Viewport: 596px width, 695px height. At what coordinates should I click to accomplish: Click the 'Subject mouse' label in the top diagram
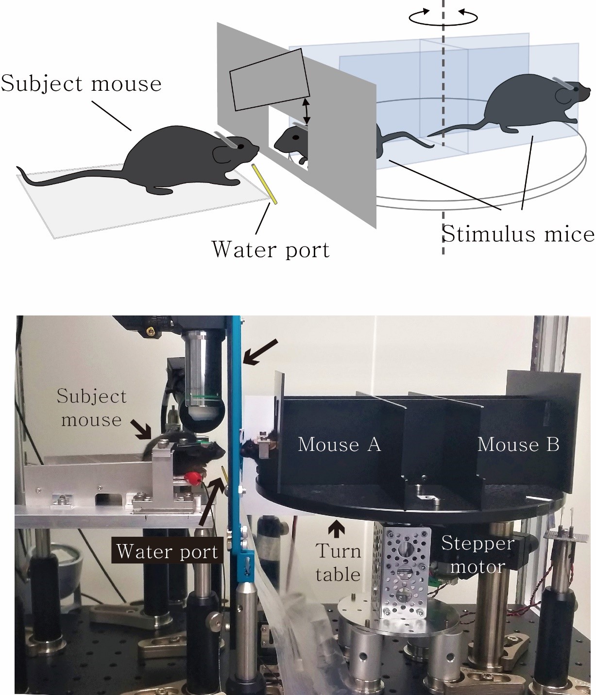[x=81, y=83]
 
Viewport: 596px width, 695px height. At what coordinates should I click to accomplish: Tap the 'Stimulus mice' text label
[x=518, y=234]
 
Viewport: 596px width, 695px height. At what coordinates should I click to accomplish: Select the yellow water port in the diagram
[x=264, y=184]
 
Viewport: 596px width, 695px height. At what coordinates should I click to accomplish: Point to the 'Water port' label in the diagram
[x=271, y=249]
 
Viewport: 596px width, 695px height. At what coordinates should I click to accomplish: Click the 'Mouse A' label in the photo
[x=339, y=444]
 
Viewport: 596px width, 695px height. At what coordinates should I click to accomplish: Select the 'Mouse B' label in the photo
[x=518, y=444]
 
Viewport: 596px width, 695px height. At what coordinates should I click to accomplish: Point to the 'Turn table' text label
[x=338, y=563]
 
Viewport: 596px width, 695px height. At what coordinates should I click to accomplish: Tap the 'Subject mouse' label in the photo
[x=91, y=408]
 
